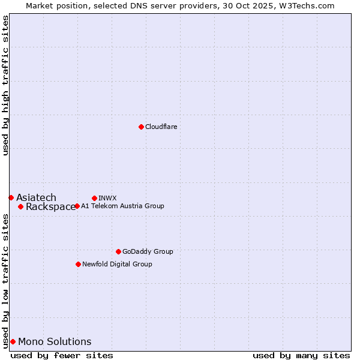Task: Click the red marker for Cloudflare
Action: (141, 127)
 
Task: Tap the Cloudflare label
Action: (161, 127)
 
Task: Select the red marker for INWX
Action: (94, 198)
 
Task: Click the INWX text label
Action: (107, 198)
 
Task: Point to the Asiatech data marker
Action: (11, 197)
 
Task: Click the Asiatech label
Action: (36, 197)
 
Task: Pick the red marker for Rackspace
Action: (20, 206)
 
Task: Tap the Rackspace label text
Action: (50, 207)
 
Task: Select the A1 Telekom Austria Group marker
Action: (77, 206)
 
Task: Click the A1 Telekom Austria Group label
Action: (122, 206)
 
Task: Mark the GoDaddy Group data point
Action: (118, 251)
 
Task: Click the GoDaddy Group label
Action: (148, 251)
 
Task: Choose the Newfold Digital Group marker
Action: (78, 264)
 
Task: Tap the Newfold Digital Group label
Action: (117, 264)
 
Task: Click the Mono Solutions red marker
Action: (13, 341)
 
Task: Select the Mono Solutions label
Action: (55, 341)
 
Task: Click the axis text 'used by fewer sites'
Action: (62, 355)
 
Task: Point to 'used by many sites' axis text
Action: (301, 355)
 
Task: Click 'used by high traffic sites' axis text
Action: (5, 85)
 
